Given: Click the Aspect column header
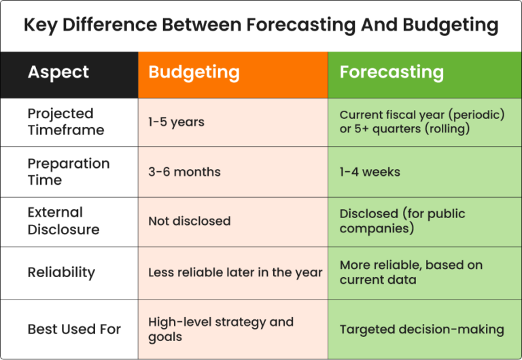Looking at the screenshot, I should point(58,73).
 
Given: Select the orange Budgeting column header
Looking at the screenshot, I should point(194,73).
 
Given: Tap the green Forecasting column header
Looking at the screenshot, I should point(391,73).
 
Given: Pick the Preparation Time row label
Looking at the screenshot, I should point(68,172).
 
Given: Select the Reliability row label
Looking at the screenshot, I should point(61,272).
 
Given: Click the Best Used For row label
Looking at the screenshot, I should point(74,329).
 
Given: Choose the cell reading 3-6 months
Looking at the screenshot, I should point(184,172).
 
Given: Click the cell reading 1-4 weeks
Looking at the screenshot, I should point(370,172).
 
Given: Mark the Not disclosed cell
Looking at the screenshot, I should point(189,221).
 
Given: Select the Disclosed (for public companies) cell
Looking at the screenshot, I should point(402,221).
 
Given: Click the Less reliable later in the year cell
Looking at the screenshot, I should point(235,272).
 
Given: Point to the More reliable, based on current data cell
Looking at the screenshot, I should point(411,272).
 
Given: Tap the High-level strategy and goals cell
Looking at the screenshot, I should point(220,329).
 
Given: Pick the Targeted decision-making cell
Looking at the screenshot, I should point(421,329).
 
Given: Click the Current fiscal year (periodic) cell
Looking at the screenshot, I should point(422,122).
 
